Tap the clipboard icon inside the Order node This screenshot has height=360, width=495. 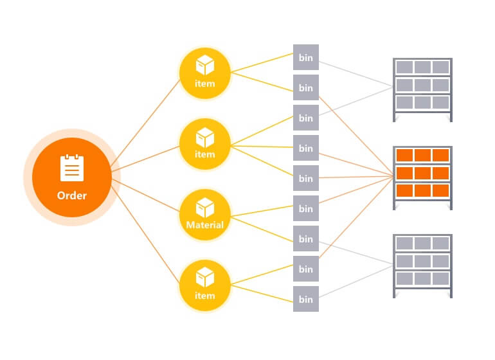click(71, 168)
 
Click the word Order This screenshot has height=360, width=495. click(71, 195)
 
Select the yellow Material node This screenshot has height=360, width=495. click(204, 215)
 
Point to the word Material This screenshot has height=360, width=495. click(204, 225)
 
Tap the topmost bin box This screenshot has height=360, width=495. click(306, 57)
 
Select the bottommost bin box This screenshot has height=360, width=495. click(306, 299)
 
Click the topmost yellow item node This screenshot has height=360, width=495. click(204, 73)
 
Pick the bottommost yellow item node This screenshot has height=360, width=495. click(204, 285)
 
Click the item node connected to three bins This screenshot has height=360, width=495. click(204, 144)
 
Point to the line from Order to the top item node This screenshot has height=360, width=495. click(148, 122)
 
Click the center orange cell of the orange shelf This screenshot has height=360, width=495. click(422, 173)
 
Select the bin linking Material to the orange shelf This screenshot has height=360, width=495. click(306, 208)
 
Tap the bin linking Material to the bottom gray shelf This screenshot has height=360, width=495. click(306, 239)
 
